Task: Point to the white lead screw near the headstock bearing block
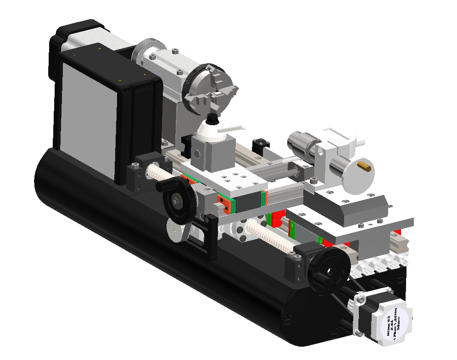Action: (x=156, y=175)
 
